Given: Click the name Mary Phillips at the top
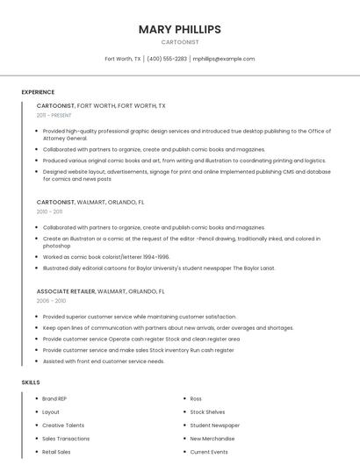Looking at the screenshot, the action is coord(180,29).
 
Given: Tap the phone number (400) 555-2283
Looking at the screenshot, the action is coord(167,59).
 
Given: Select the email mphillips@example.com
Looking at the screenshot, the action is coord(224,59).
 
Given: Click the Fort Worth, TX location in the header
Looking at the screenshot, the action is coord(123,59).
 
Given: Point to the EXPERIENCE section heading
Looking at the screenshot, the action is coord(38,92).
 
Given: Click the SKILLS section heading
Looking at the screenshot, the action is coord(31,383).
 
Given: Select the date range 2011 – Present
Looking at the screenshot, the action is coord(54,115).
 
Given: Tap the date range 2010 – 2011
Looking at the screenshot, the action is coord(49,211).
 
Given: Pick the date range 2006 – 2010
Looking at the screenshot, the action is coord(51,300).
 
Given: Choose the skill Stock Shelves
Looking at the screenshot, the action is coord(207,411).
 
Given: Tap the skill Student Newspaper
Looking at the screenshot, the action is coord(214,425).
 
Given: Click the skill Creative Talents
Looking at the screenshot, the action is coord(63,425).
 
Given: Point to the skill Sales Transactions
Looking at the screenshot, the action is coord(66,439).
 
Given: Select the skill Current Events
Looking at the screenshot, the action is coord(209,452).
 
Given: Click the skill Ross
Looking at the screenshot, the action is coord(196,398).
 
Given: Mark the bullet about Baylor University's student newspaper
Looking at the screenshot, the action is coord(158,268).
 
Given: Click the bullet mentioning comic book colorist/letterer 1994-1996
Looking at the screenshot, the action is coord(105,257).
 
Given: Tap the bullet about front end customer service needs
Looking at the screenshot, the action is coord(103,361).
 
